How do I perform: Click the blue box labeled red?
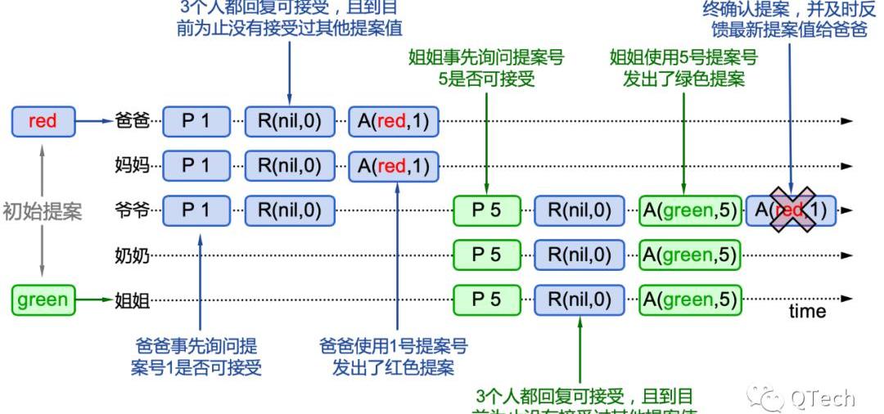click(43, 121)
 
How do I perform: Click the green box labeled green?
click(43, 299)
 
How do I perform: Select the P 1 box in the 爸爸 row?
click(196, 121)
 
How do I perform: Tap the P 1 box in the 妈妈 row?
click(196, 166)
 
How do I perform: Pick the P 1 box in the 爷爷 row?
click(196, 210)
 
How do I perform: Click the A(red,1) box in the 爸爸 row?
click(393, 121)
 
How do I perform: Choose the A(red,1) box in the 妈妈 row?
click(393, 166)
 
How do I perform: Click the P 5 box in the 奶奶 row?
click(486, 255)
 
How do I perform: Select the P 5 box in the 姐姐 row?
click(486, 299)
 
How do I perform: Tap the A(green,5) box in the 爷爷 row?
click(690, 210)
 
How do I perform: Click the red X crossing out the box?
click(791, 209)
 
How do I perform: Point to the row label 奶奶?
click(132, 255)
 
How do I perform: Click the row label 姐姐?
click(132, 300)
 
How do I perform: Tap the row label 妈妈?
click(132, 166)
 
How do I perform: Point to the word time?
click(807, 312)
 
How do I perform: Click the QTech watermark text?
click(822, 398)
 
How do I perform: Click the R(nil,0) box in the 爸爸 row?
click(290, 121)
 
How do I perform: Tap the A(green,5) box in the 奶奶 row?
click(690, 255)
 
